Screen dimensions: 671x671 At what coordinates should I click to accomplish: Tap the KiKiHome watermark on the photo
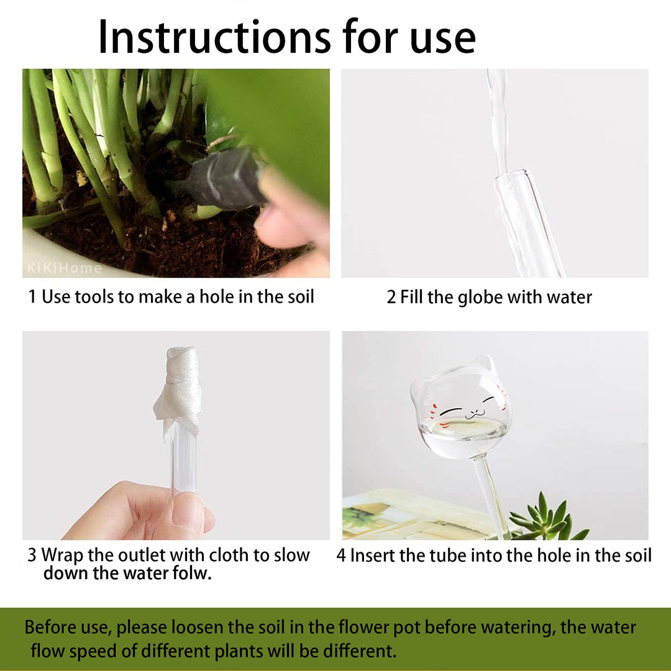(65, 268)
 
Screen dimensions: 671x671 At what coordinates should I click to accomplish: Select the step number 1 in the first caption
(32, 296)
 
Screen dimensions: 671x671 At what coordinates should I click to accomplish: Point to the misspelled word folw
(192, 573)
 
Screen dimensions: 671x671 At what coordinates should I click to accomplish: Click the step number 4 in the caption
(341, 555)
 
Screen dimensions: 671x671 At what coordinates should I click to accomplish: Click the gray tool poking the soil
(225, 179)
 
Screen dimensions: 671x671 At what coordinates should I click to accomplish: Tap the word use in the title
(442, 41)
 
